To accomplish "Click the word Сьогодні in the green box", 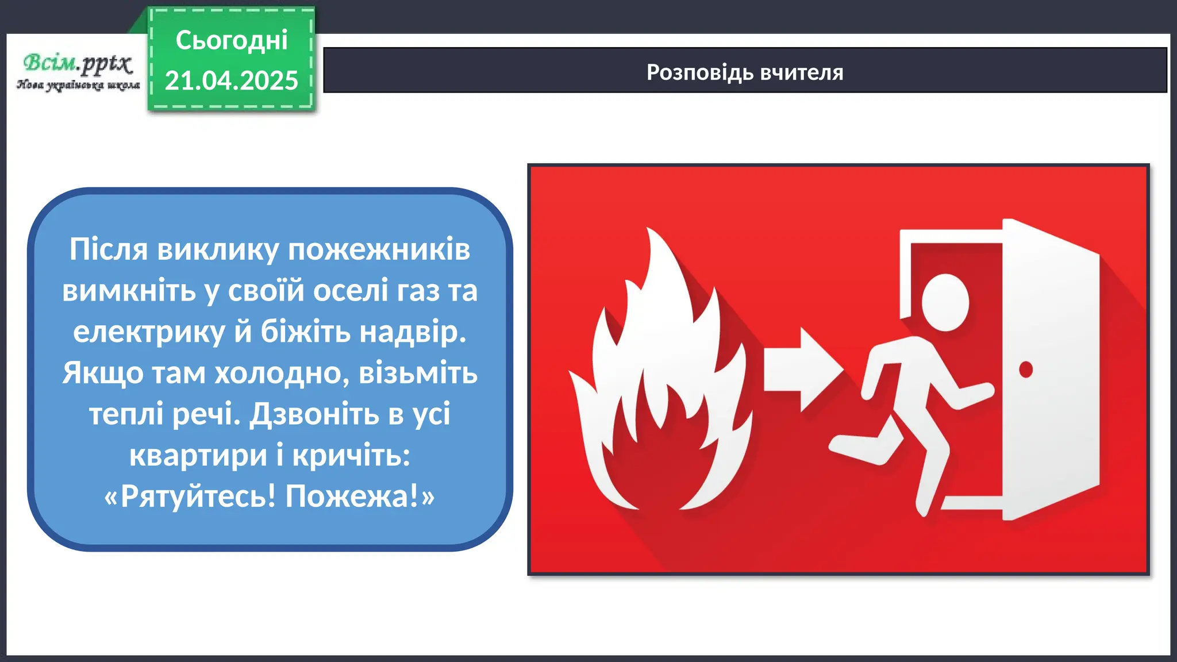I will (231, 41).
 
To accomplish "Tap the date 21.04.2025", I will (231, 80).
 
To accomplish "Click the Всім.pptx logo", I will (78, 63).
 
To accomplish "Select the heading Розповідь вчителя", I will (745, 72).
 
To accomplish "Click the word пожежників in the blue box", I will (379, 249).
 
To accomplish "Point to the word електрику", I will (149, 332).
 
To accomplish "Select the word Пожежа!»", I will (360, 496).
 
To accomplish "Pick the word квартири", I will (198, 455).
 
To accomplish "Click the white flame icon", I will (661, 391).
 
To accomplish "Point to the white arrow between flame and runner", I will (802, 370).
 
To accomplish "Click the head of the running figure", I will (945, 302).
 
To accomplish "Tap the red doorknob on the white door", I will (1026, 369).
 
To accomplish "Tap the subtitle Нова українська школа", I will (78, 85).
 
